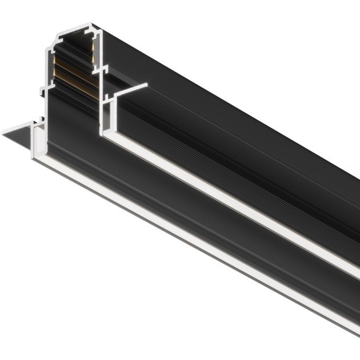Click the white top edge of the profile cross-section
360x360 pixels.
pyautogui.click(x=69, y=29)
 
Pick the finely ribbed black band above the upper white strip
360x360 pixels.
pyautogui.click(x=253, y=189)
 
